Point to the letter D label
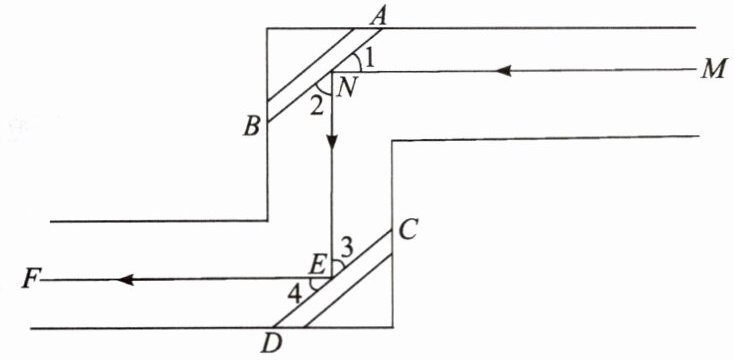tap(272, 344)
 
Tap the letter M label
tap(713, 70)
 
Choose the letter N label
tap(346, 87)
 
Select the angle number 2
tap(317, 108)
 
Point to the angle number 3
tap(347, 250)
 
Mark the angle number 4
tap(295, 296)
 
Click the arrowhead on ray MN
tap(502, 71)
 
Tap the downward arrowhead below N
tap(332, 141)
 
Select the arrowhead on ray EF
tap(126, 280)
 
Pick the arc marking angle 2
tap(323, 89)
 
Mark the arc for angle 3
tap(338, 266)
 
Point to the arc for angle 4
tap(315, 285)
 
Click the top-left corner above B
tap(267, 29)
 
